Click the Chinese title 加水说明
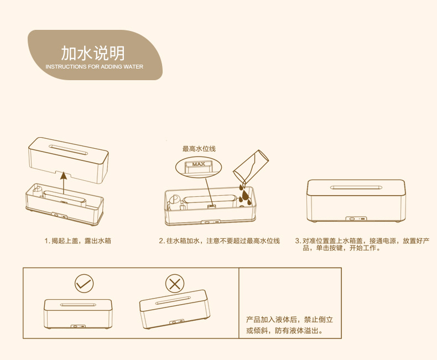click(93, 53)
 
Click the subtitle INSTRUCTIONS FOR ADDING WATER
click(94, 67)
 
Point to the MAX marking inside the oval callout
click(199, 164)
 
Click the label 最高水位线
click(199, 149)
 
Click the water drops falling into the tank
click(244, 194)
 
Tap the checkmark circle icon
click(84, 284)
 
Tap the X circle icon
click(175, 284)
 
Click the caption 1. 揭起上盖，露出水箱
click(78, 241)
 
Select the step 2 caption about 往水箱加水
click(220, 241)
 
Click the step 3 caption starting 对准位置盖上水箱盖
click(362, 244)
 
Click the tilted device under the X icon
click(175, 309)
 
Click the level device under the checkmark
click(78, 314)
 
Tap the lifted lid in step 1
click(68, 160)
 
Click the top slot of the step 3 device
click(356, 187)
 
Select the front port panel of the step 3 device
click(357, 219)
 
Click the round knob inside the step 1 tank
click(38, 191)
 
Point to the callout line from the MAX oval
click(209, 192)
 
